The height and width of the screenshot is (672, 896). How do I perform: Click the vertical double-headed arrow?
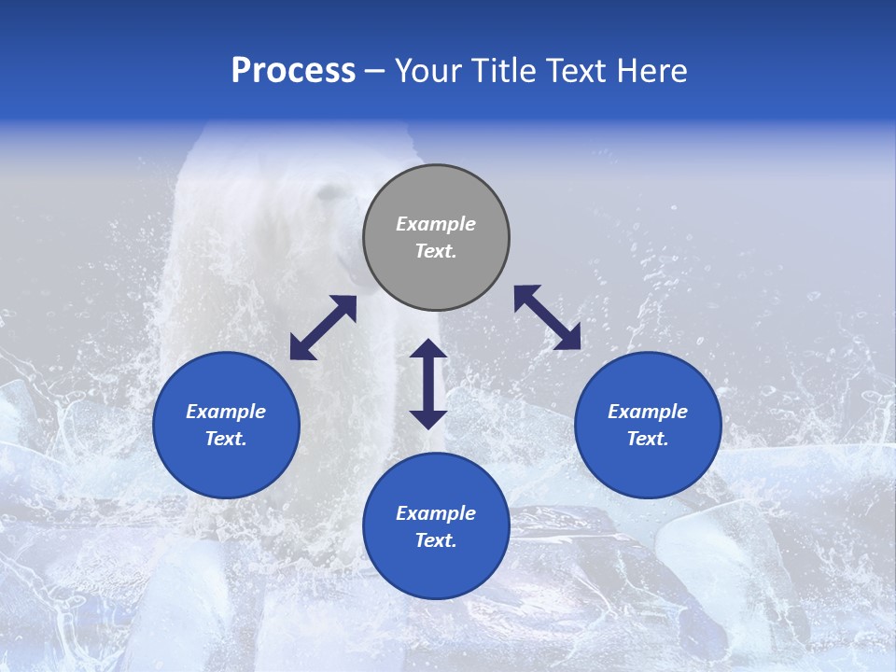click(x=428, y=384)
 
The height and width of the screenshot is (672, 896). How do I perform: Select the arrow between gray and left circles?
click(x=323, y=328)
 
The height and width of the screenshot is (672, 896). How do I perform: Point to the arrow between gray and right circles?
click(x=547, y=317)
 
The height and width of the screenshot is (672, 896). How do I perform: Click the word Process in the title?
click(x=293, y=71)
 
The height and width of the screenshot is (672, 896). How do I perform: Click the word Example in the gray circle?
click(x=436, y=224)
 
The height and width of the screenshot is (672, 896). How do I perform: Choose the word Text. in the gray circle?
click(x=436, y=251)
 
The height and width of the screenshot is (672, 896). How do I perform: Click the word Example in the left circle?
click(x=226, y=412)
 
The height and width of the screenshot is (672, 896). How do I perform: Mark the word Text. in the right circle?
click(x=648, y=439)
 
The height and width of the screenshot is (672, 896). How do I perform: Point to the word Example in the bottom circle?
click(x=436, y=513)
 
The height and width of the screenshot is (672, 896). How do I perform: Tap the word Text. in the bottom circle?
click(x=436, y=540)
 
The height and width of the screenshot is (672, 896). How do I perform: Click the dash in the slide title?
click(x=374, y=72)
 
